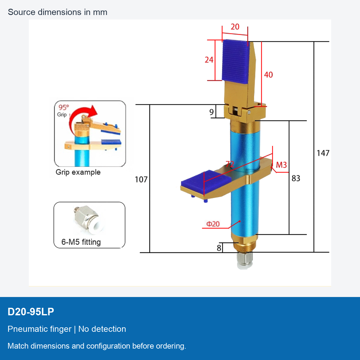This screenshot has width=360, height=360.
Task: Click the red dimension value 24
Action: (x=209, y=60)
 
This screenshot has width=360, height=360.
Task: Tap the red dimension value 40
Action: (x=268, y=75)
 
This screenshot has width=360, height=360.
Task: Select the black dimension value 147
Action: (x=323, y=153)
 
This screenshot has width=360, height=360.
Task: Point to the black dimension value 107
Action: (x=141, y=179)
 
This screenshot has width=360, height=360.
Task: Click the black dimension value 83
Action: (x=296, y=178)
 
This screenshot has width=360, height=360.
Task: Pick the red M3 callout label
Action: (x=281, y=165)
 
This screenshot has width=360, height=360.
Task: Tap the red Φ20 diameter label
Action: (x=213, y=224)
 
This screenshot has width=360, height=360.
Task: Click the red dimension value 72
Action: (x=230, y=164)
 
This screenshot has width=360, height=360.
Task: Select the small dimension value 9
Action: (x=211, y=112)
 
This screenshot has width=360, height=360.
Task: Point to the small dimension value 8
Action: (x=219, y=248)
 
